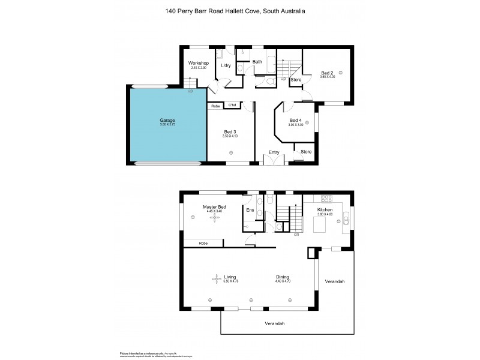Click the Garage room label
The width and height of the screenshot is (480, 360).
[x=167, y=121]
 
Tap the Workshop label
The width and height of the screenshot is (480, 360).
[x=198, y=63]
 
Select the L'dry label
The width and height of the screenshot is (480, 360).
[x=226, y=65]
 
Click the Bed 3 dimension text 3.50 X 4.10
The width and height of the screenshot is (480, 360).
[x=230, y=136]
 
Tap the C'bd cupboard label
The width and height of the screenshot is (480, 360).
[x=232, y=106]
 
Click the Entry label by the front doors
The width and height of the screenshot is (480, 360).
[x=274, y=152]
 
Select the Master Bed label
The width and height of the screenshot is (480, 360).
[x=214, y=206]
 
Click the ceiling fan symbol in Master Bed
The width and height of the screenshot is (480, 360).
[x=214, y=219]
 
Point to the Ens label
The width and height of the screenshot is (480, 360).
[x=250, y=210]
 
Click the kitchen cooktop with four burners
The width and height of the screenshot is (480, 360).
[x=327, y=199]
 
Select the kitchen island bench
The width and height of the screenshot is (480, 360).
[x=319, y=224]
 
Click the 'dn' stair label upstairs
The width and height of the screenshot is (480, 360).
[x=296, y=235]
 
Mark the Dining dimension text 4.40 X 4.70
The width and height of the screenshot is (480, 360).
[x=283, y=281]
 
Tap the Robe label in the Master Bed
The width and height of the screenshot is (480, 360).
[x=203, y=243]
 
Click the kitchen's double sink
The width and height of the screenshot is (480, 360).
[x=347, y=217]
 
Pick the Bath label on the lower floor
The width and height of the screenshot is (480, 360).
[x=257, y=62]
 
